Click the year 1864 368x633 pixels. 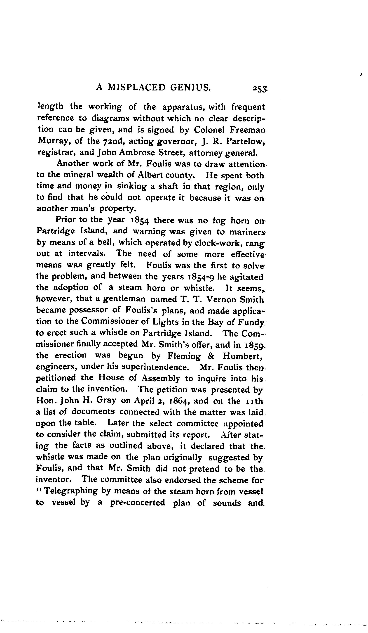pos(178,401)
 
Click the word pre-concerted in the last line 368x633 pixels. pos(138,503)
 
